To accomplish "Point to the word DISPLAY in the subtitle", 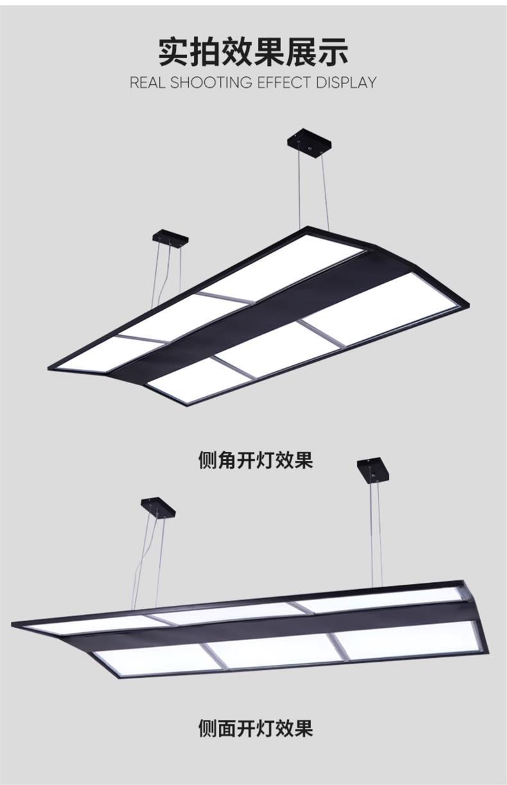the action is (x=345, y=83).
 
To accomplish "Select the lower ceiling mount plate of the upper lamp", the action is (x=171, y=238).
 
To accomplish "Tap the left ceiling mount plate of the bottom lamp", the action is (x=158, y=507).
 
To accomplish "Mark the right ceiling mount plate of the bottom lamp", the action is (x=373, y=469).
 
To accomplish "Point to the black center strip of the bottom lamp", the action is (x=270, y=630).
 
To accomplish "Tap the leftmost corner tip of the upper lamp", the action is (x=50, y=368).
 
